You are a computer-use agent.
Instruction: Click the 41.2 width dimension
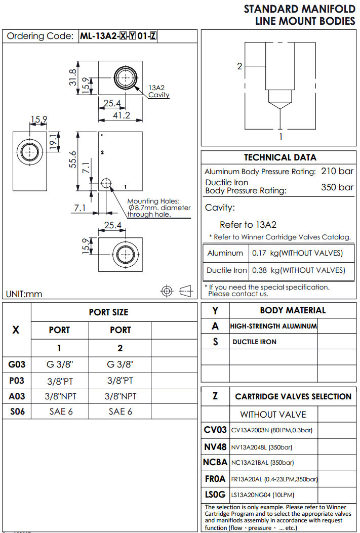point(121,115)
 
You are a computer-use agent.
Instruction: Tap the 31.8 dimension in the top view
point(73,77)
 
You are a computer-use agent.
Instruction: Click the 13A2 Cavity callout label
point(159,91)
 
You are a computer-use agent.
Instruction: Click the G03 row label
point(17,364)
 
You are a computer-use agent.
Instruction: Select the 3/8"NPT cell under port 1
point(60,396)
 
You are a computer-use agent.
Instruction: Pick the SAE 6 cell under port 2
point(121,412)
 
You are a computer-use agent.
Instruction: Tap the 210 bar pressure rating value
point(337,171)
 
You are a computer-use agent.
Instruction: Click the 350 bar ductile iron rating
point(337,187)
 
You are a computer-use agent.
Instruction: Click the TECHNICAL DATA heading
point(280,157)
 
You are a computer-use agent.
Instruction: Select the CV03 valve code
point(215,430)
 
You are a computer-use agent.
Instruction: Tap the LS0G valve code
point(215,495)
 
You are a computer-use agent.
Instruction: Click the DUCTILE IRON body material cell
point(254,342)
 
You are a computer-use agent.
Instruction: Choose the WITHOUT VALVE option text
point(273,415)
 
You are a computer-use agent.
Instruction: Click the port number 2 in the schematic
point(240,66)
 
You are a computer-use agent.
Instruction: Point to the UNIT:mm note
point(24,294)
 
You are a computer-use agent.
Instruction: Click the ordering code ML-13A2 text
point(98,36)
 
